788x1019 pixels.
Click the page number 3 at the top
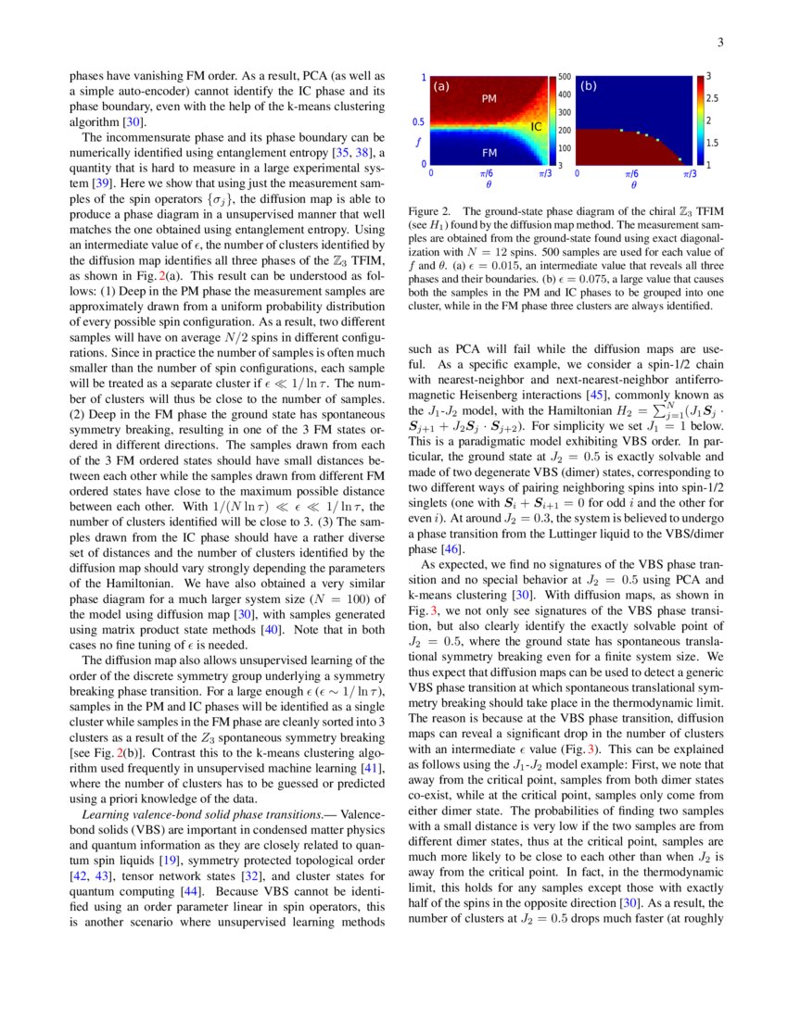719,43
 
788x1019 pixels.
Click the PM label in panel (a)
490,97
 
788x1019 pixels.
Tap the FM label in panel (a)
490,150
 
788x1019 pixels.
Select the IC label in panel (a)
535,125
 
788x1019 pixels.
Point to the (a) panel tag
441,86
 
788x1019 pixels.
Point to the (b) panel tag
588,86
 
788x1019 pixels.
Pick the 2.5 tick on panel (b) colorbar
711,97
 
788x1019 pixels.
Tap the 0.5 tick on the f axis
418,121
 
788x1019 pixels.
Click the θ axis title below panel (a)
487,184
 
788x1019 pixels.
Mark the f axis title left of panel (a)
418,143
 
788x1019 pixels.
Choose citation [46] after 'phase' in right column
454,550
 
